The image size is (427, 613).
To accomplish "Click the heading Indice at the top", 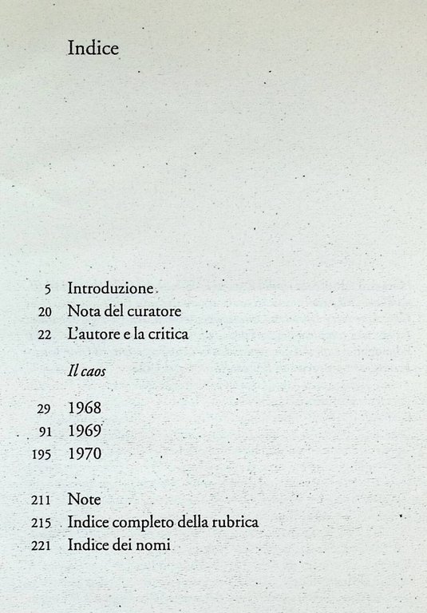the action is pyautogui.click(x=93, y=49).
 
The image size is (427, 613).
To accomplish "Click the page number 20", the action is pyautogui.click(x=45, y=312).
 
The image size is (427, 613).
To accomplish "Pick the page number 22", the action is pyautogui.click(x=45, y=335).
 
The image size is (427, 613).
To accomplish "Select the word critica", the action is pyautogui.click(x=168, y=334).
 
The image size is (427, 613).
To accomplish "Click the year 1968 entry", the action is pyautogui.click(x=85, y=408).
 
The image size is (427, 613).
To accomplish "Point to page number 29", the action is pyautogui.click(x=45, y=409).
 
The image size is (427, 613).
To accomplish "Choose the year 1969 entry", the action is pyautogui.click(x=85, y=431).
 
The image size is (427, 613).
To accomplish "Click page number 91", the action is pyautogui.click(x=45, y=432).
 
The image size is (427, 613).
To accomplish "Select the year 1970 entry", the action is pyautogui.click(x=85, y=454).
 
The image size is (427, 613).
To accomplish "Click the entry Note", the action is pyautogui.click(x=84, y=500).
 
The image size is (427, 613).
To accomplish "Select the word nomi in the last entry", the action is pyautogui.click(x=155, y=546).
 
